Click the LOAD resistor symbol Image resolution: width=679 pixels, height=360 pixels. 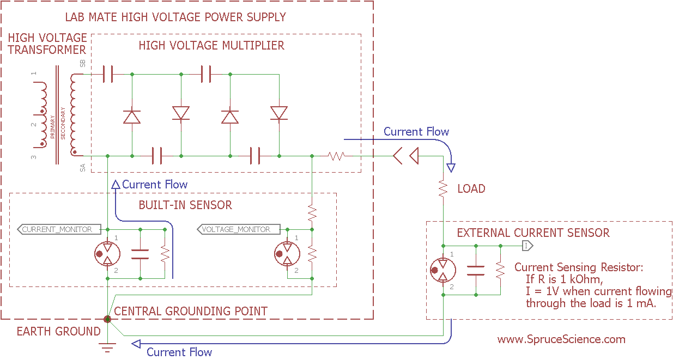(444, 189)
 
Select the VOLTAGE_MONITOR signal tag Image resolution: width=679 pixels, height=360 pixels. (238, 229)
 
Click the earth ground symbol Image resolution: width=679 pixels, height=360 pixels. (108, 345)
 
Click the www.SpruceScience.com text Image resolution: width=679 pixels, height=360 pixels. (561, 339)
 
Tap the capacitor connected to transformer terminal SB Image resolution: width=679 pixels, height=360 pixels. (108, 74)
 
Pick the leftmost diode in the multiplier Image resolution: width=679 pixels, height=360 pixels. (132, 116)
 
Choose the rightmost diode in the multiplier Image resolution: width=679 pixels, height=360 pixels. (279, 113)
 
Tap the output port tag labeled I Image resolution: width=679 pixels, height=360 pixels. (527, 246)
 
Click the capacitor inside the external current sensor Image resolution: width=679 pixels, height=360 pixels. (476, 271)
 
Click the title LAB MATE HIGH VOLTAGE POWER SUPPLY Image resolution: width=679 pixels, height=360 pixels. (175, 17)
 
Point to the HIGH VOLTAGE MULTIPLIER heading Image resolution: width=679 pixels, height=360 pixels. (211, 45)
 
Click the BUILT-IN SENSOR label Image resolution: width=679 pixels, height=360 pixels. (185, 205)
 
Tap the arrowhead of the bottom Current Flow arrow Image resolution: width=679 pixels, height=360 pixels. (136, 344)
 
